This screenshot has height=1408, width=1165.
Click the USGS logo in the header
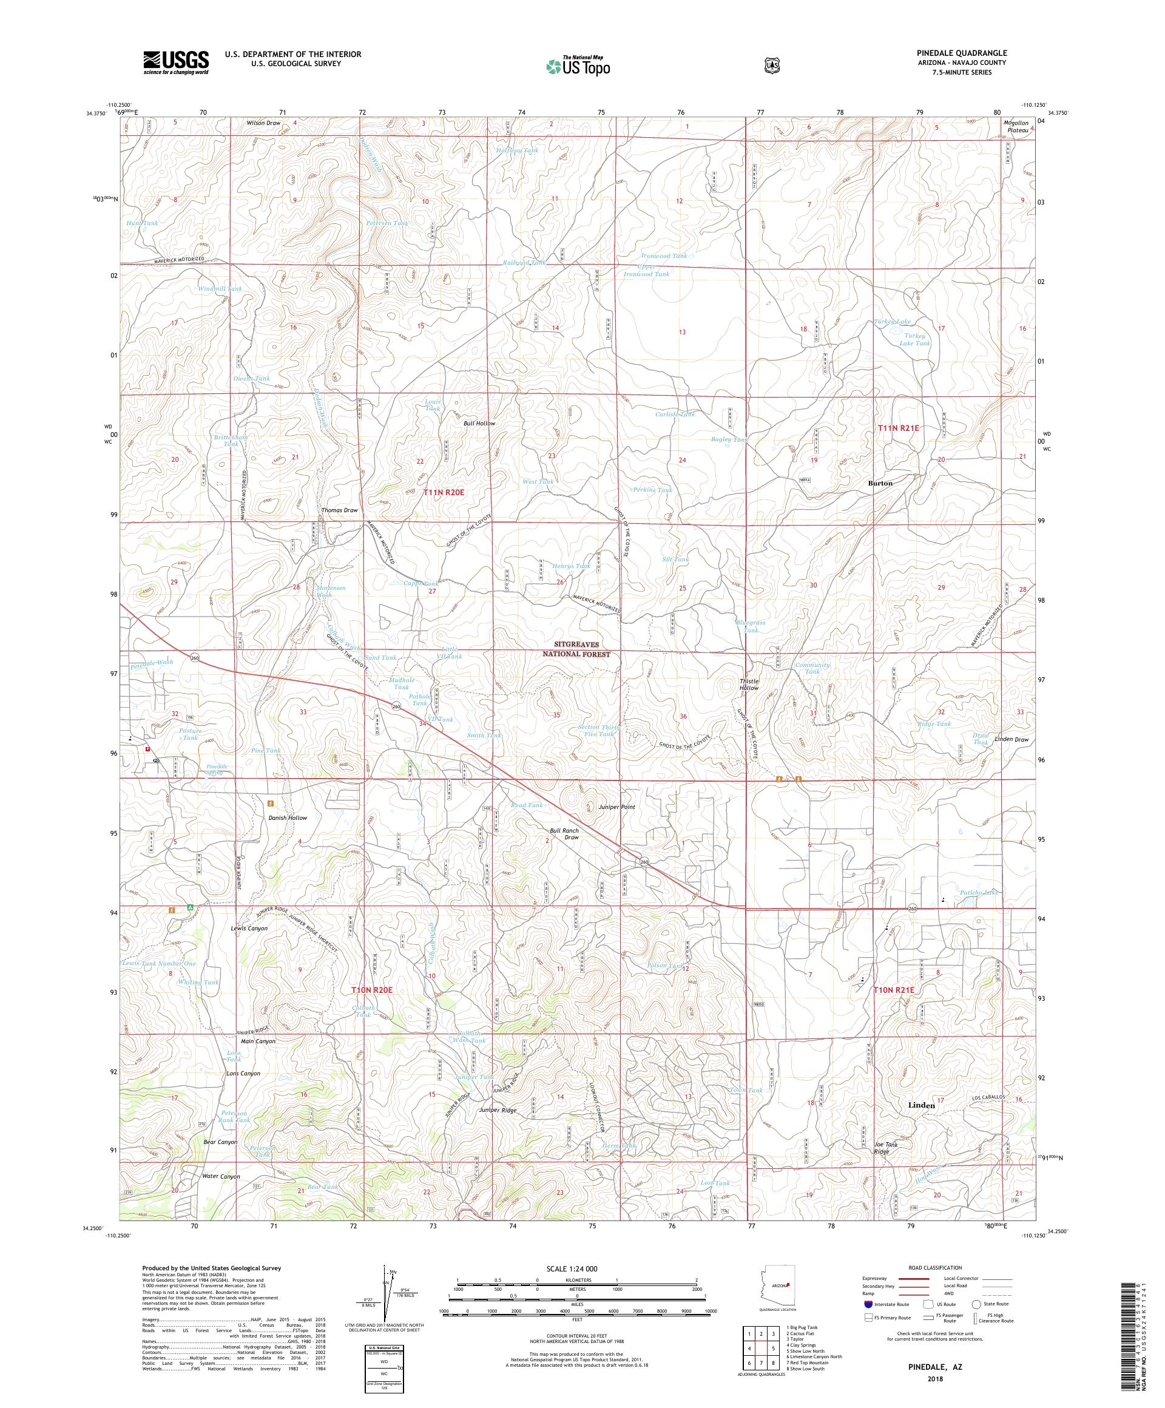tap(175, 63)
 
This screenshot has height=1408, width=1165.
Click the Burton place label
tap(879, 482)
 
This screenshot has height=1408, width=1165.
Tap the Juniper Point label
tap(615, 807)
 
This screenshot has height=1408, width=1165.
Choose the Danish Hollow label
tap(288, 817)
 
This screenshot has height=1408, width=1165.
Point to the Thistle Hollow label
tap(749, 684)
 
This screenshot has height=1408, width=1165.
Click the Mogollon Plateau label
tap(1017, 127)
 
